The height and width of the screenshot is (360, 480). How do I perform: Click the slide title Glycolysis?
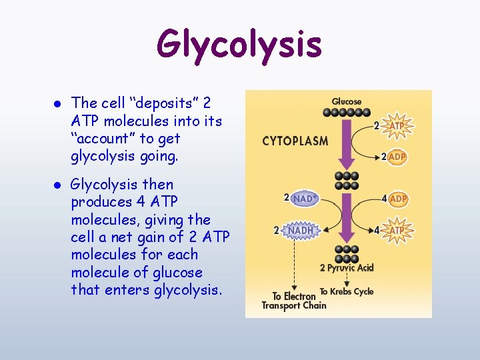click(x=239, y=45)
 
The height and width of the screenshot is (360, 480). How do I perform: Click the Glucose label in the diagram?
click(x=346, y=101)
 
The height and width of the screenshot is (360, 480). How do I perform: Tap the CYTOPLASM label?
click(x=295, y=141)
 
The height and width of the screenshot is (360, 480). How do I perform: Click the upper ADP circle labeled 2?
click(x=397, y=157)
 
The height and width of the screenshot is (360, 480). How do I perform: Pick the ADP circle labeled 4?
click(x=398, y=199)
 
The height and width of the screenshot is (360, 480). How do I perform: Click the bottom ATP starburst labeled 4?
click(x=397, y=230)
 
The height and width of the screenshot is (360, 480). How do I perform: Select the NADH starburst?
click(x=301, y=230)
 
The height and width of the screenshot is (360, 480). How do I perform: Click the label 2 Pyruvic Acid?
click(x=346, y=268)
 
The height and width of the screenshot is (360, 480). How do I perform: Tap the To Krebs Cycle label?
click(x=346, y=291)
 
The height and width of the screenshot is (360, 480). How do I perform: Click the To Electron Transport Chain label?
click(x=293, y=301)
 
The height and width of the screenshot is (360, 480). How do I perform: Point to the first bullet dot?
click(x=57, y=104)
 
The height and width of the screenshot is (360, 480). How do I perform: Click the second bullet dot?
click(x=57, y=185)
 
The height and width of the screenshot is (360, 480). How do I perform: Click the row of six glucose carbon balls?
click(x=346, y=113)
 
